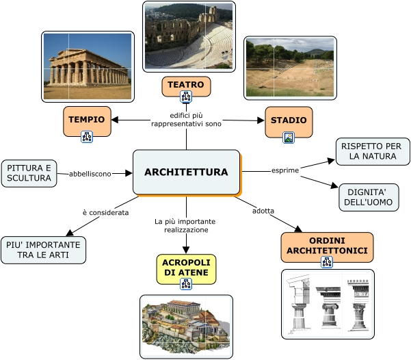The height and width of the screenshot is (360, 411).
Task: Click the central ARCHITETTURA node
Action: pyautogui.click(x=186, y=172)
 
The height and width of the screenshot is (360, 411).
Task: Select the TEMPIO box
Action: pyautogui.click(x=87, y=119)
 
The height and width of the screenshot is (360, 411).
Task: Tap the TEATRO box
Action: pyautogui.click(x=186, y=85)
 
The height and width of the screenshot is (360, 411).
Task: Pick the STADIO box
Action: pyautogui.click(x=289, y=120)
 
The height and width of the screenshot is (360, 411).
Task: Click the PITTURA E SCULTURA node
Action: pyautogui.click(x=29, y=173)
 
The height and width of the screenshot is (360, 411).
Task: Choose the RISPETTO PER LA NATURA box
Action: pyautogui.click(x=372, y=151)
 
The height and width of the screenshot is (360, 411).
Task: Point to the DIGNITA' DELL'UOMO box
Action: pyautogui.click(x=368, y=197)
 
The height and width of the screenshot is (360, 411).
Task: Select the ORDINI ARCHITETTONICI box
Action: pyautogui.click(x=327, y=246)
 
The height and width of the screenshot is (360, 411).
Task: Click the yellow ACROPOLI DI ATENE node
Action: pyautogui.click(x=186, y=268)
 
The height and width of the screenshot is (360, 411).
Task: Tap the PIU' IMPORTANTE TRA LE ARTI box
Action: pyautogui.click(x=44, y=250)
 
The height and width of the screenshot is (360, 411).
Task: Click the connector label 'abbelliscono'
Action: pyautogui.click(x=90, y=174)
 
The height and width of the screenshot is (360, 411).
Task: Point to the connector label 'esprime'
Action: pyautogui.click(x=285, y=170)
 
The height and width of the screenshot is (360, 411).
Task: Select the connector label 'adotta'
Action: pyautogui.click(x=263, y=210)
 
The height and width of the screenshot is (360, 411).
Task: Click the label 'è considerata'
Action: pyautogui.click(x=105, y=213)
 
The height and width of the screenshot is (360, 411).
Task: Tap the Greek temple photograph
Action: pyautogui.click(x=88, y=66)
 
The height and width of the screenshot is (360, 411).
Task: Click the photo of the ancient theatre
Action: pyautogui.click(x=189, y=36)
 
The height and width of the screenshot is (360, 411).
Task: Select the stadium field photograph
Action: pyautogui.click(x=290, y=67)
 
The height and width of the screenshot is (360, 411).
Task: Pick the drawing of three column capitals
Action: pyautogui.click(x=328, y=303)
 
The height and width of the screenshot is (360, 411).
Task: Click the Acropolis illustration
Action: pyautogui.click(x=186, y=326)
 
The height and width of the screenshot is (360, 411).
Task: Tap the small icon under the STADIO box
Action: pyautogui.click(x=289, y=137)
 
